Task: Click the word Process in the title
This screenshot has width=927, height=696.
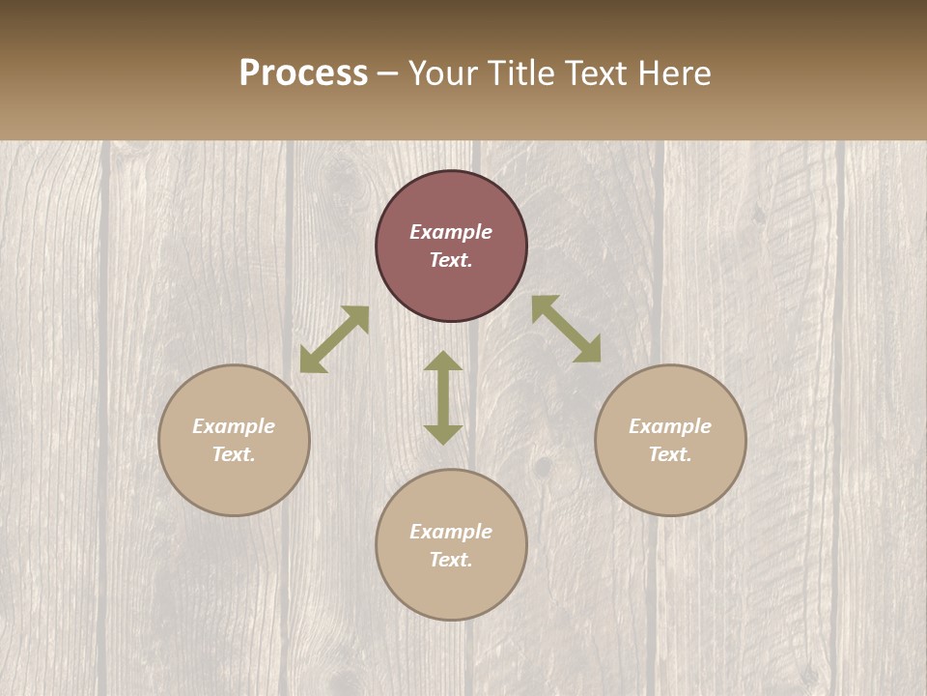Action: coord(303,73)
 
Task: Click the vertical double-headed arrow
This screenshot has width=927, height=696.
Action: coord(443,397)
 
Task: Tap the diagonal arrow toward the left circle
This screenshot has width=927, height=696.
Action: coord(334,339)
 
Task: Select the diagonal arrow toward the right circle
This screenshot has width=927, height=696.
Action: coord(566,329)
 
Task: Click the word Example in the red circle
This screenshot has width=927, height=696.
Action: coord(451,232)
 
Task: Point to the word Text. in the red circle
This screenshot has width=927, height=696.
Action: coord(451,260)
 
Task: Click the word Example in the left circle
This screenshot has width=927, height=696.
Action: coord(234,426)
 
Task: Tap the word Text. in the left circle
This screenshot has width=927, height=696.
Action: coord(234,454)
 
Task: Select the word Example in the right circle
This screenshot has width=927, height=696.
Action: coord(670,426)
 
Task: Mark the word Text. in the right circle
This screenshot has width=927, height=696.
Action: coord(670,454)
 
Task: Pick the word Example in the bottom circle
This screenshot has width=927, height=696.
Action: coord(451,532)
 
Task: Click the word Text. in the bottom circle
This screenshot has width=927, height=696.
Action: coord(451,560)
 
